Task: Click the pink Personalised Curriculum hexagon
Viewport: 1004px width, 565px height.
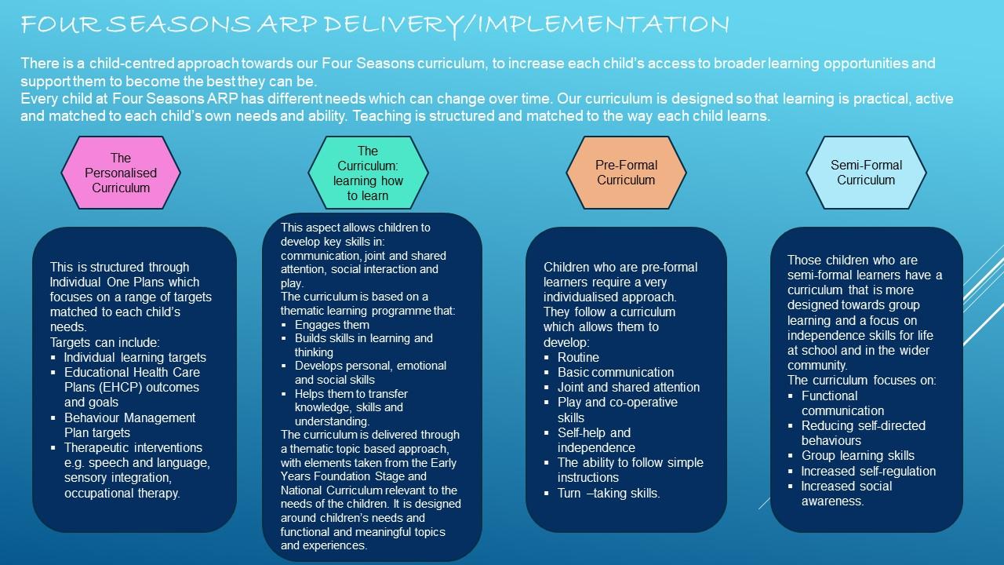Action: click(x=121, y=173)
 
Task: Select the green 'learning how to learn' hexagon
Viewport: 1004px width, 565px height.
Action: click(x=368, y=173)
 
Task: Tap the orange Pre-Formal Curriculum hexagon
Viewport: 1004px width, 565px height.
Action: click(x=626, y=173)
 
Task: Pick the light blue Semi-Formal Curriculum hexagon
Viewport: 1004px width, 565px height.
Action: click(x=866, y=173)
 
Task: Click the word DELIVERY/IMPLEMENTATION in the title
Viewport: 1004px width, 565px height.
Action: click(x=527, y=25)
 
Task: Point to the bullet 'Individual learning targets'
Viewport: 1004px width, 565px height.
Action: click(x=135, y=357)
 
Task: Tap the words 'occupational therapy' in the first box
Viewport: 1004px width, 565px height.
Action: click(x=122, y=493)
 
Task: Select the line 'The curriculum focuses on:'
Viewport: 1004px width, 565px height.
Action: click(x=861, y=381)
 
